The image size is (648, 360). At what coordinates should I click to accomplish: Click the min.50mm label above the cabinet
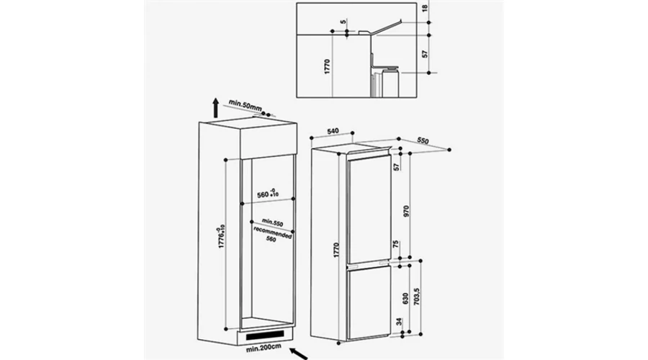click(245, 105)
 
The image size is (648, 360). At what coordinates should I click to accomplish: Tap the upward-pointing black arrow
click(215, 108)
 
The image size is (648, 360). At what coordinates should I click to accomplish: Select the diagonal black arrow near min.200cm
click(298, 354)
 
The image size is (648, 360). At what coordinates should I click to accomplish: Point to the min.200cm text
click(264, 348)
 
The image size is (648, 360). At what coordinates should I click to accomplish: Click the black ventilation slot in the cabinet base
click(265, 336)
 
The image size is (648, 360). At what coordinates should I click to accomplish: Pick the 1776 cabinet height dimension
click(222, 236)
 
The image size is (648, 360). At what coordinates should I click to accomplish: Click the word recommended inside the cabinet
click(273, 233)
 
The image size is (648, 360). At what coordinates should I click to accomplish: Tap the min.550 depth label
click(272, 222)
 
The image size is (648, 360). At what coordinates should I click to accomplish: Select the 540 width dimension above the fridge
click(333, 131)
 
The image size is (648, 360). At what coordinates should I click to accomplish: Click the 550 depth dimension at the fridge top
click(423, 140)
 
